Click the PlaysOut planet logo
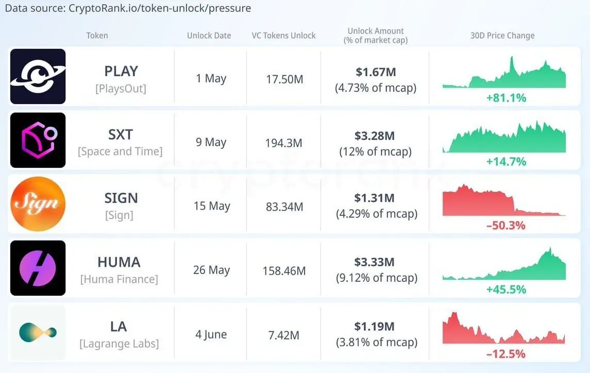[38, 76]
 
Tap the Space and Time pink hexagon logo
[38, 140]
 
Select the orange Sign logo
[38, 204]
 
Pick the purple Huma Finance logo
[38, 268]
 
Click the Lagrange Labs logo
[38, 332]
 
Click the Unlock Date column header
[209, 36]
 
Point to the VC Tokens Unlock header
[283, 36]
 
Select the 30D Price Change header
[502, 36]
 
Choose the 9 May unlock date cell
[211, 142]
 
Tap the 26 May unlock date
[210, 270]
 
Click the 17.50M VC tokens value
[283, 79]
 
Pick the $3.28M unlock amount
[375, 136]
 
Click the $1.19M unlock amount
[375, 326]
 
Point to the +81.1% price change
[505, 97]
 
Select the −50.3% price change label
[505, 225]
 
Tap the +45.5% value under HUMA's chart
[505, 290]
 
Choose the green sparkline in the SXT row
[503, 138]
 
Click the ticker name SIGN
[121, 198]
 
